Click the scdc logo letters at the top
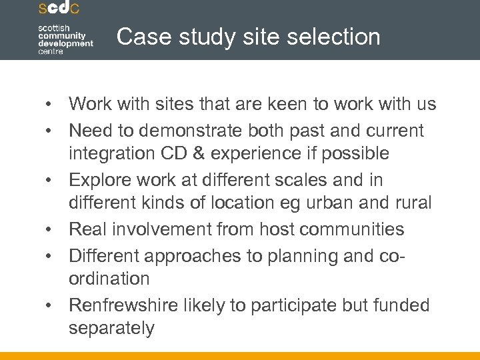tap(59, 9)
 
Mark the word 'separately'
tap(111, 329)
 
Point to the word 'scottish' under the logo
tap(54, 26)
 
